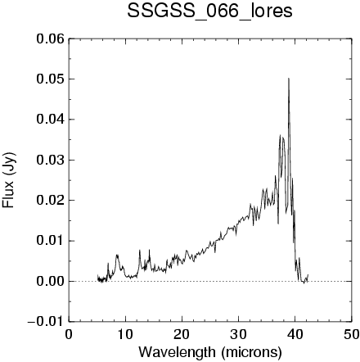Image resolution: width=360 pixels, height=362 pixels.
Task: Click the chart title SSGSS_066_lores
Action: [209, 12]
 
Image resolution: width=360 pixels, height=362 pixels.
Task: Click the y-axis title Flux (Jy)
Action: [9, 180]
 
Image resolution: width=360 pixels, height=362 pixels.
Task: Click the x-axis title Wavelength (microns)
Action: [210, 352]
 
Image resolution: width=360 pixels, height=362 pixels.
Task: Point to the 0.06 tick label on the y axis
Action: [51, 39]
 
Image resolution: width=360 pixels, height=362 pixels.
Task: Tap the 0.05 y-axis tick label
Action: [51, 79]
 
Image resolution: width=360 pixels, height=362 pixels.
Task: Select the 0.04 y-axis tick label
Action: [51, 120]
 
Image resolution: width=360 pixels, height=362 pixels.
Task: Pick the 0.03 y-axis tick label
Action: [51, 160]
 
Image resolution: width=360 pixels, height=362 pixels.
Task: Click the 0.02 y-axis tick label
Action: [51, 201]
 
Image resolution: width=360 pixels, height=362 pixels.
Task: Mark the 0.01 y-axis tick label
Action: [51, 241]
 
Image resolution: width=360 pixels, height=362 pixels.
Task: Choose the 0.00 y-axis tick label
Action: [51, 281]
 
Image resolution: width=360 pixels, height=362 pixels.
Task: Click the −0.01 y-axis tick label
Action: [46, 322]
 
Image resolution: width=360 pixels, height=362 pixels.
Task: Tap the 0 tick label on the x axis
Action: [69, 334]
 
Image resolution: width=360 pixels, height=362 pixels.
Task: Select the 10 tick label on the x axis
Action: [125, 334]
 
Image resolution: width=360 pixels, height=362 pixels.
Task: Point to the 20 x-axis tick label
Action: [182, 334]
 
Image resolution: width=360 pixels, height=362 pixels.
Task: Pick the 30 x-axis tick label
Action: [238, 334]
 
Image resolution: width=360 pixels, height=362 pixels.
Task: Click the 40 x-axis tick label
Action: [295, 334]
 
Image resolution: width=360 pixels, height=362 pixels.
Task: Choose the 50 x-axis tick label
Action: [351, 334]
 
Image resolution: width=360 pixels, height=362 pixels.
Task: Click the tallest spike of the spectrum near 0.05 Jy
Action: [289, 79]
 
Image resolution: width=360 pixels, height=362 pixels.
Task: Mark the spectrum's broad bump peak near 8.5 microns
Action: [117, 256]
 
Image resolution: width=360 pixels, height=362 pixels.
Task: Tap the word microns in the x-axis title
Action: [251, 352]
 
